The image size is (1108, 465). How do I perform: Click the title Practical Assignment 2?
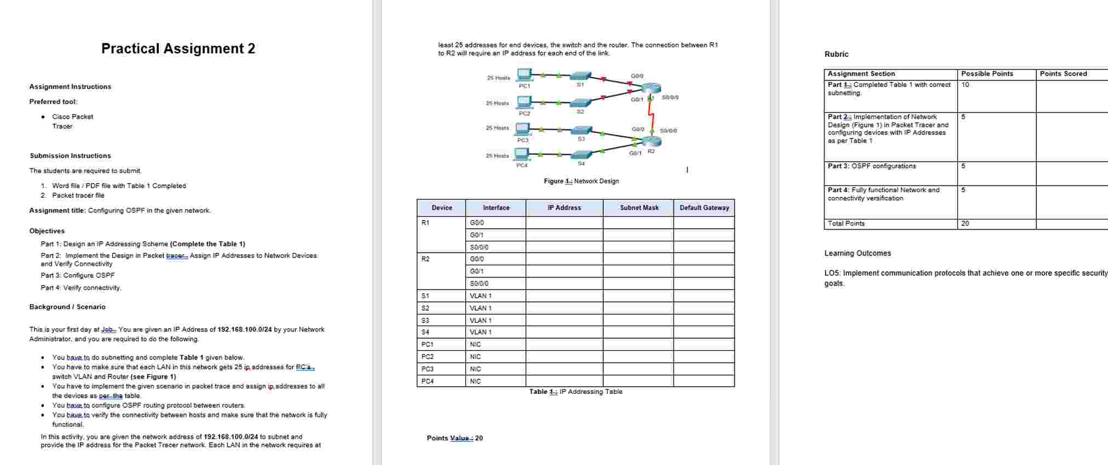point(178,49)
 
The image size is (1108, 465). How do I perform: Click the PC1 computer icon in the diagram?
point(524,74)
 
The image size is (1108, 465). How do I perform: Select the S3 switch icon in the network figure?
point(581,130)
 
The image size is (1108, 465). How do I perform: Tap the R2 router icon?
point(651,141)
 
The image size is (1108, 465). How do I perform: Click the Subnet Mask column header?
point(638,208)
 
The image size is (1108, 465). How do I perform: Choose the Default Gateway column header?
point(704,208)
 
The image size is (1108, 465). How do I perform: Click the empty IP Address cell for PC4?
point(564,381)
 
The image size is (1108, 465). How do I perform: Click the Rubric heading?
point(836,54)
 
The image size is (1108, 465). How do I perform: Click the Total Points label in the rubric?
point(846,224)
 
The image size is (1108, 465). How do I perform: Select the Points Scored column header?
point(1063,74)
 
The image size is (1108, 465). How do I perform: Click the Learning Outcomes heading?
point(857,253)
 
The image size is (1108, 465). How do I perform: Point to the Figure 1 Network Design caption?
point(581,181)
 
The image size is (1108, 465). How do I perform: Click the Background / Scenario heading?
point(67,307)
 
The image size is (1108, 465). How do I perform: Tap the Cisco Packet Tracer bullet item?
point(72,121)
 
